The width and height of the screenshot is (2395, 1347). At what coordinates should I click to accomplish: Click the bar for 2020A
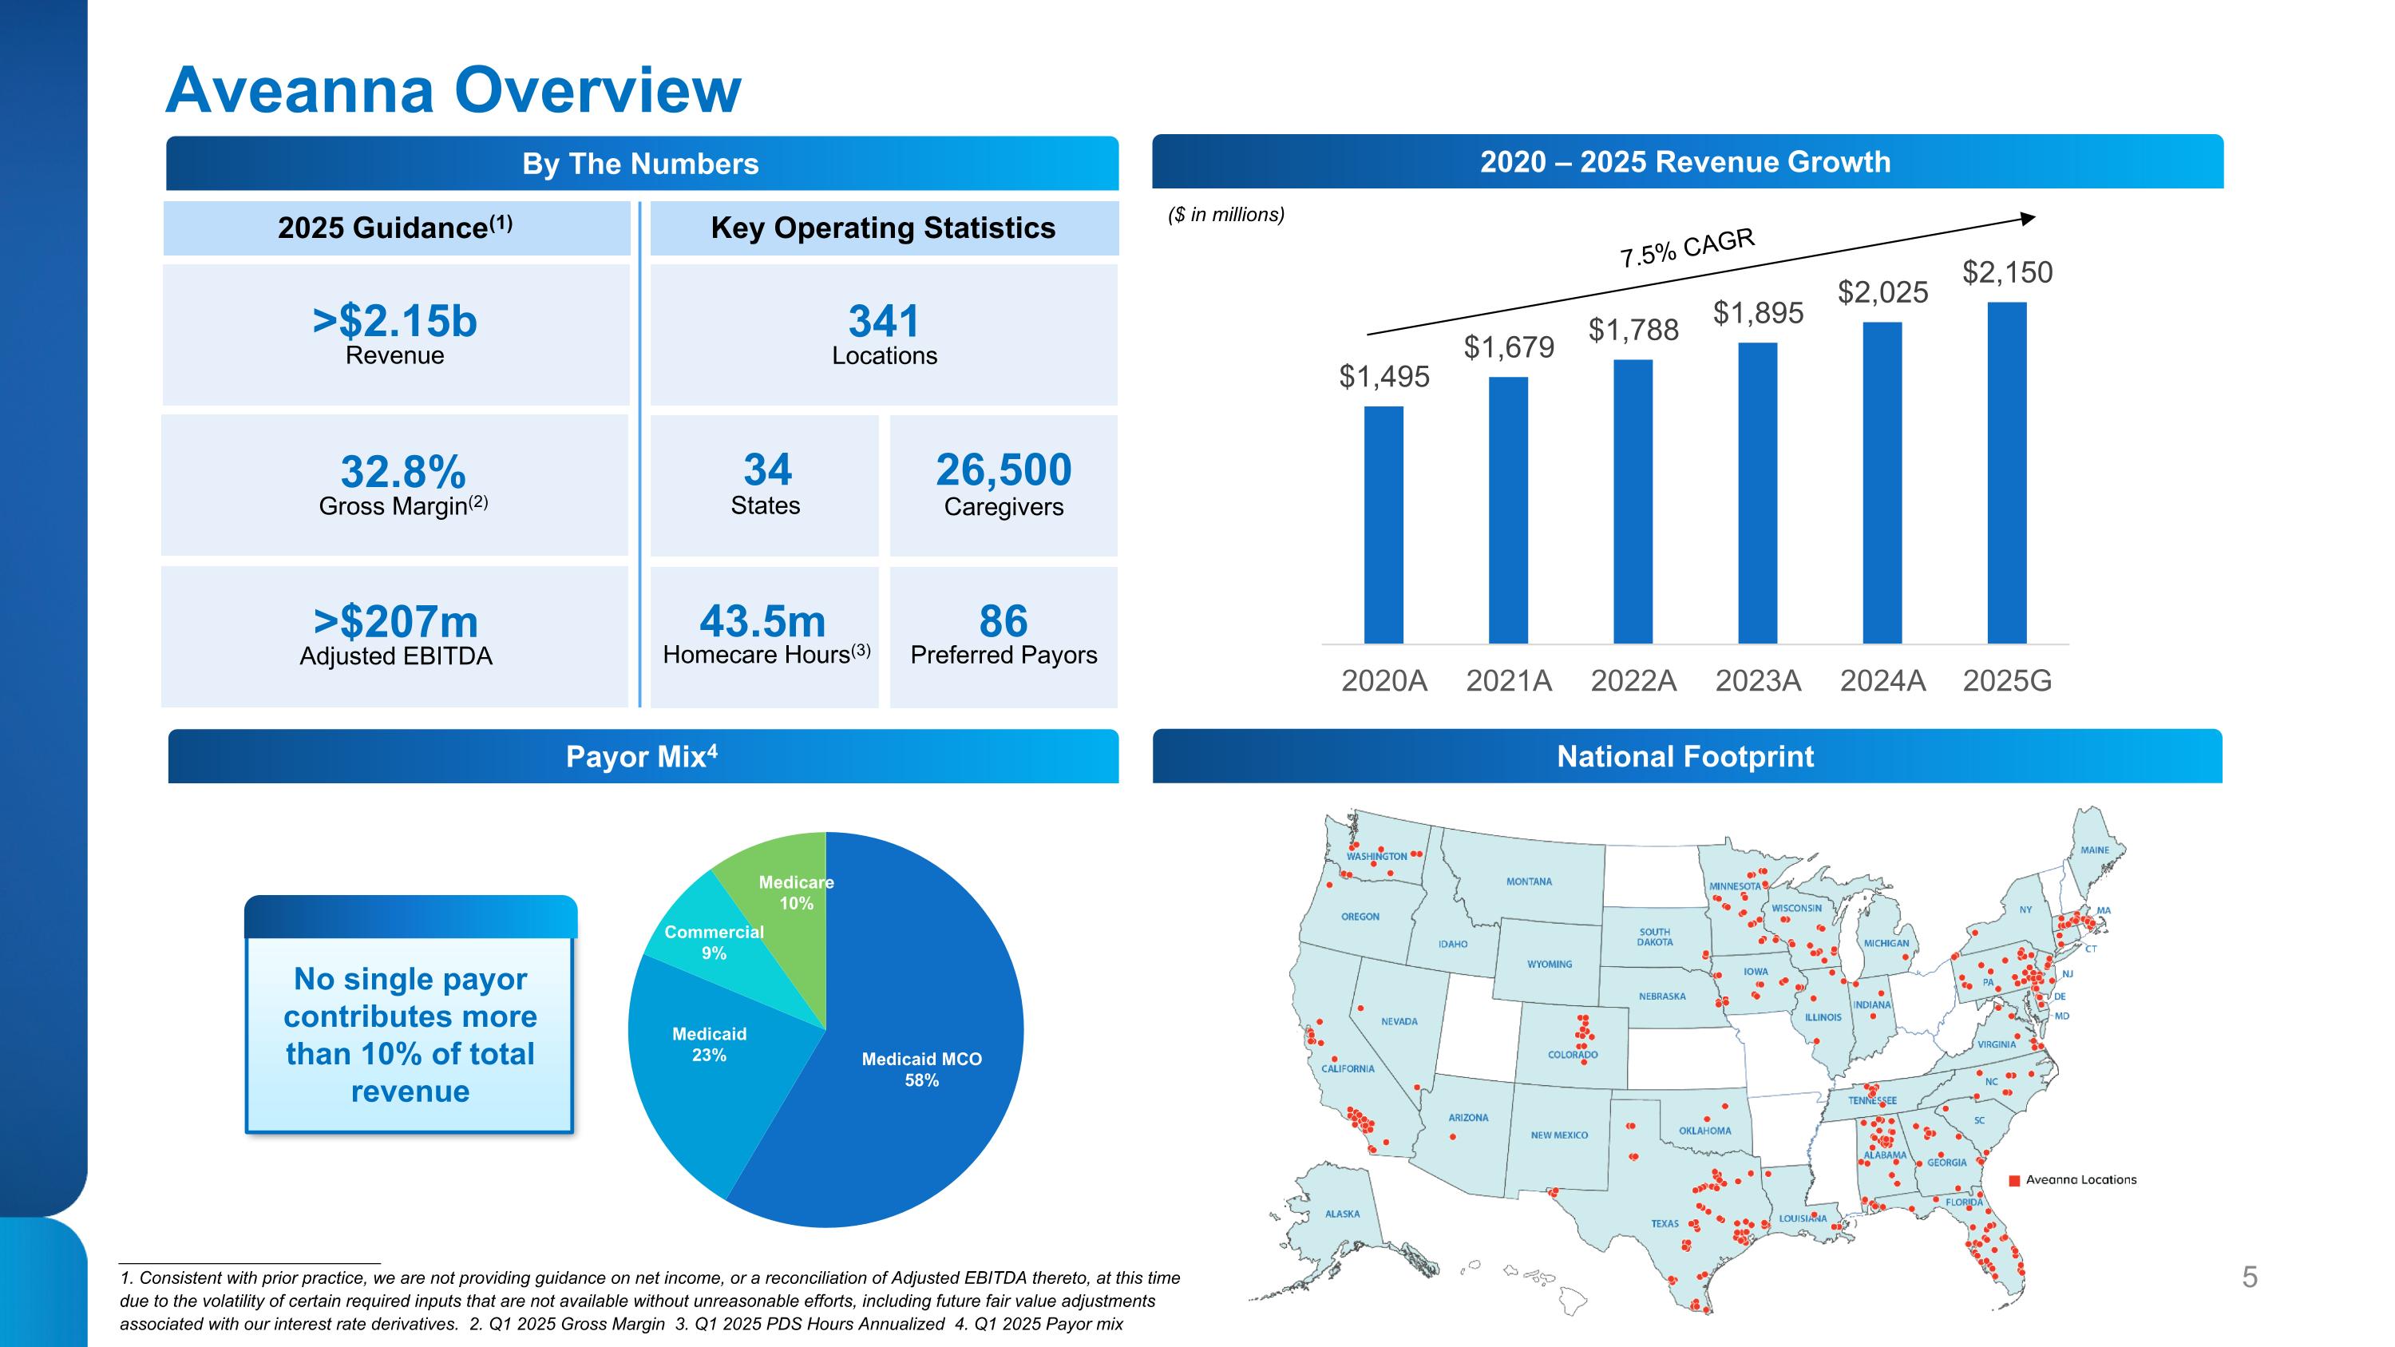pos(1384,525)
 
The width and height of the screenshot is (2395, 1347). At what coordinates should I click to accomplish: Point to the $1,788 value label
pos(1633,330)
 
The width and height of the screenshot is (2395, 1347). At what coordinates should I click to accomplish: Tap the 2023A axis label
pos(1757,681)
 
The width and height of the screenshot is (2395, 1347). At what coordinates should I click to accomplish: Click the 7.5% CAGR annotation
pos(1687,248)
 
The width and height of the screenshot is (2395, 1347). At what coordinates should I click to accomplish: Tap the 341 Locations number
pos(883,322)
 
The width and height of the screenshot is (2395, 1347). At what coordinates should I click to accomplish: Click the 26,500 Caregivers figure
pos(1004,470)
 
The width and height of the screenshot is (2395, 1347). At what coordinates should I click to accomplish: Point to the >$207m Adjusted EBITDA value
pos(396,622)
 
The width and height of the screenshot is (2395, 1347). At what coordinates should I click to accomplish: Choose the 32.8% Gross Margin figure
pos(402,472)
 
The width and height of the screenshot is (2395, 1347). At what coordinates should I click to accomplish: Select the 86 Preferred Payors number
pos(1004,621)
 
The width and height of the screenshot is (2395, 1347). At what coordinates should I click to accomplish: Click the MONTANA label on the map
pos(1529,881)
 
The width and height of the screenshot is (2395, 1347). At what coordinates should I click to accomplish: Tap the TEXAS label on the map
pos(1665,1223)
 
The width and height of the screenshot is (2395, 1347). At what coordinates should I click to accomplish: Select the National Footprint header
pos(1684,757)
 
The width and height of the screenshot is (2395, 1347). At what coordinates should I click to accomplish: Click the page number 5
pos(2249,1278)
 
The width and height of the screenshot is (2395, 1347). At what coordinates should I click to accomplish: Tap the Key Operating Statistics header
pos(883,228)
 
